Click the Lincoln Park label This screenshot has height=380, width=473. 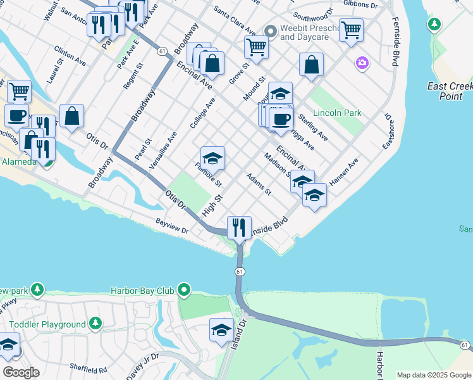(337, 113)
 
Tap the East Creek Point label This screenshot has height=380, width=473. (454, 91)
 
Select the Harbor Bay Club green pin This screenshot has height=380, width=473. (184, 291)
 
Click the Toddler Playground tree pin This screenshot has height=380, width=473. (95, 324)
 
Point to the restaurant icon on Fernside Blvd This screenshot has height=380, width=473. (239, 227)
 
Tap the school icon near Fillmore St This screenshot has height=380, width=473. (213, 158)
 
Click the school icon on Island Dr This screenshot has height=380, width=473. (221, 330)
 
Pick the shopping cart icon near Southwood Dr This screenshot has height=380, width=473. (351, 29)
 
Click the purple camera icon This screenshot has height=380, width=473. (362, 62)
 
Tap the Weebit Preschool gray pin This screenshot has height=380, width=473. (270, 30)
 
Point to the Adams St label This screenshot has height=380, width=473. (259, 183)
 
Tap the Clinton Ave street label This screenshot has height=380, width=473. (70, 56)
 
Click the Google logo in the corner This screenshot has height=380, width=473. (20, 372)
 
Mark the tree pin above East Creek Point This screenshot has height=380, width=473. (434, 25)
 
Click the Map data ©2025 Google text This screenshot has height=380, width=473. (434, 375)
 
